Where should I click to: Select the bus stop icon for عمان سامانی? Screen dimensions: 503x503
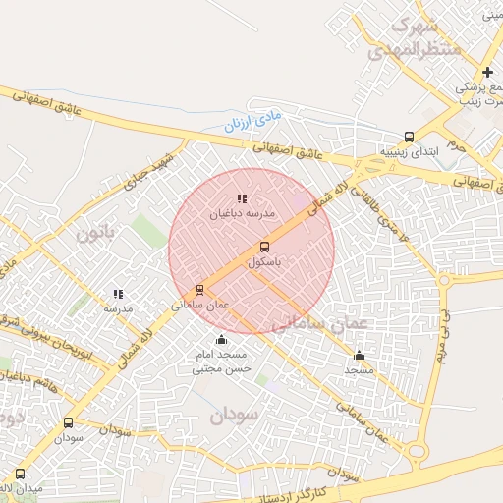coord(200,290)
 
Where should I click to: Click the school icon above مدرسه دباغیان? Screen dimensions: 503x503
coord(242,198)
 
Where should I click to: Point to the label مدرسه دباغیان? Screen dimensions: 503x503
coord(242,213)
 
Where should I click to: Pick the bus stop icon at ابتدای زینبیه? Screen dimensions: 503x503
coord(409,138)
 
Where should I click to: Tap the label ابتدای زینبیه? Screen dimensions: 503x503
coord(405,153)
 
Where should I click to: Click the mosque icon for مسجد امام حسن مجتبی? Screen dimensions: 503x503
coord(221,340)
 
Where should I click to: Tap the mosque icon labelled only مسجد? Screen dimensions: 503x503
coord(359,356)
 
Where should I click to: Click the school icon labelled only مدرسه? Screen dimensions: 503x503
coord(118,294)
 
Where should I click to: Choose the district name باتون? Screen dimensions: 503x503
coord(96,233)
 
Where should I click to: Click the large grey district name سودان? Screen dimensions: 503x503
coord(233,416)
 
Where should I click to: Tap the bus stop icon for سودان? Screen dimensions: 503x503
coord(68,423)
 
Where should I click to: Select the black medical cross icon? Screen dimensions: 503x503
coord(487,72)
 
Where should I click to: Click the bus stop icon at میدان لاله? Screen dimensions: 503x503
coord(21,474)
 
